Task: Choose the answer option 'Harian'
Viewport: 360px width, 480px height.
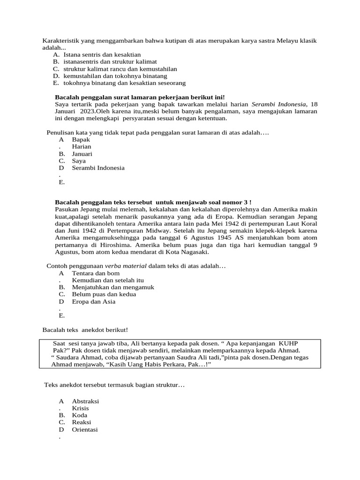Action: pos(82,147)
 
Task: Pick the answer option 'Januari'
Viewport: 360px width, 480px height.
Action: pos(82,154)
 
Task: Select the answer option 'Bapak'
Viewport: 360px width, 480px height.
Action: pos(81,140)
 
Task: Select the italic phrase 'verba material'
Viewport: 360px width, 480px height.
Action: pos(125,266)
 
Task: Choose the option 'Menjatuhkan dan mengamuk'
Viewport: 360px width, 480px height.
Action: pos(113,287)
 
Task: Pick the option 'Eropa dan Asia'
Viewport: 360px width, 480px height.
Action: pos(93,301)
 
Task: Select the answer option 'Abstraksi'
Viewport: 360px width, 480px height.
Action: pos(85,401)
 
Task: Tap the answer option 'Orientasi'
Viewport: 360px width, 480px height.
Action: pos(85,429)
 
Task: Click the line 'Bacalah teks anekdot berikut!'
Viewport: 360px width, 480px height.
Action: pos(85,330)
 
